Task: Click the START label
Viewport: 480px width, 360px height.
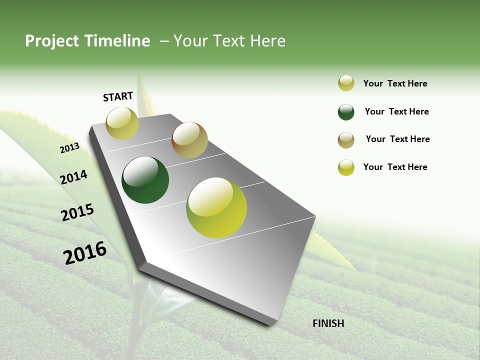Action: click(x=118, y=96)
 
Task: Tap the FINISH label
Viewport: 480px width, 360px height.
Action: click(x=328, y=323)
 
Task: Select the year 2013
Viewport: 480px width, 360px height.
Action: click(x=69, y=148)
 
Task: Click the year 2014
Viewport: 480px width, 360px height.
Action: click(x=73, y=177)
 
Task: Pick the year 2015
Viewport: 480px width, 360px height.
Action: click(x=77, y=212)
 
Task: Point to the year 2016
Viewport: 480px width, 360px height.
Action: click(x=85, y=252)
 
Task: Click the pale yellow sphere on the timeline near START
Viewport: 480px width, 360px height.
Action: click(x=122, y=123)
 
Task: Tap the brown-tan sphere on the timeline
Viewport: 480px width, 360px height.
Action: click(x=189, y=140)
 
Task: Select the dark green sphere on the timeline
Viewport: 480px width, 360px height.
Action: click(x=145, y=180)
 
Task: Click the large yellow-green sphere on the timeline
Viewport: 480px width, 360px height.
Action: click(x=216, y=207)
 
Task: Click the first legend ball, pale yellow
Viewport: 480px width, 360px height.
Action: click(x=346, y=83)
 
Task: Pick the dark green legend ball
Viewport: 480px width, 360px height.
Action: click(x=346, y=112)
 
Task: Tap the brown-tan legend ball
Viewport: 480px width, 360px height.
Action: click(x=346, y=140)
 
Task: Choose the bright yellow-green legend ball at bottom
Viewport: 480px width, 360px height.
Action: click(x=346, y=167)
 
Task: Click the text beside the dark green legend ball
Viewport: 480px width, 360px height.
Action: click(x=396, y=111)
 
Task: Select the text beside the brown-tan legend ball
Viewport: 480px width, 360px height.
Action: click(x=397, y=139)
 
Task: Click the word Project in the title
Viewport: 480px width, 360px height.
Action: click(x=51, y=41)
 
